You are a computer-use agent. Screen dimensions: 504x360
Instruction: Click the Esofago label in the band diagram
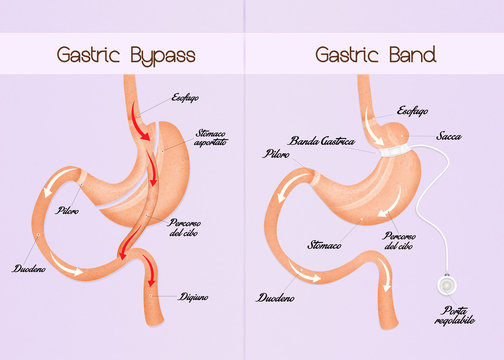pos(416,111)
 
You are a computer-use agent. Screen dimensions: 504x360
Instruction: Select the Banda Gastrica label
pos(323,141)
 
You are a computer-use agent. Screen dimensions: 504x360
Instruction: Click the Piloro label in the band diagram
pos(277,155)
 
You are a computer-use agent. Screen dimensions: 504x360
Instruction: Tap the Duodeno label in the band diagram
pos(275,298)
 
